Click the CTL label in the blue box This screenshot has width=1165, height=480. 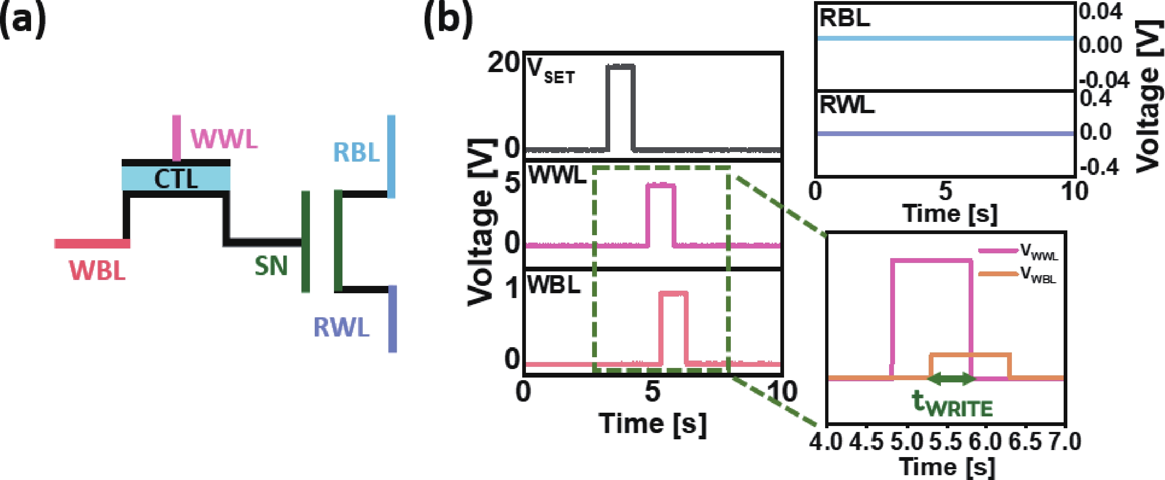(176, 179)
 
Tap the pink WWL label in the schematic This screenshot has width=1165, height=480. (224, 139)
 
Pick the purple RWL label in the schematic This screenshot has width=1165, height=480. (341, 328)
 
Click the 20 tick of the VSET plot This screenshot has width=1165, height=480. (503, 63)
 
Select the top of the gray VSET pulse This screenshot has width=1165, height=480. (621, 67)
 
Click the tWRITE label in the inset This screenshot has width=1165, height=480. (952, 404)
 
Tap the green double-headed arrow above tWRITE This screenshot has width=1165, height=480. (952, 379)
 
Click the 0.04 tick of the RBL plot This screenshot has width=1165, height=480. (1100, 12)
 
